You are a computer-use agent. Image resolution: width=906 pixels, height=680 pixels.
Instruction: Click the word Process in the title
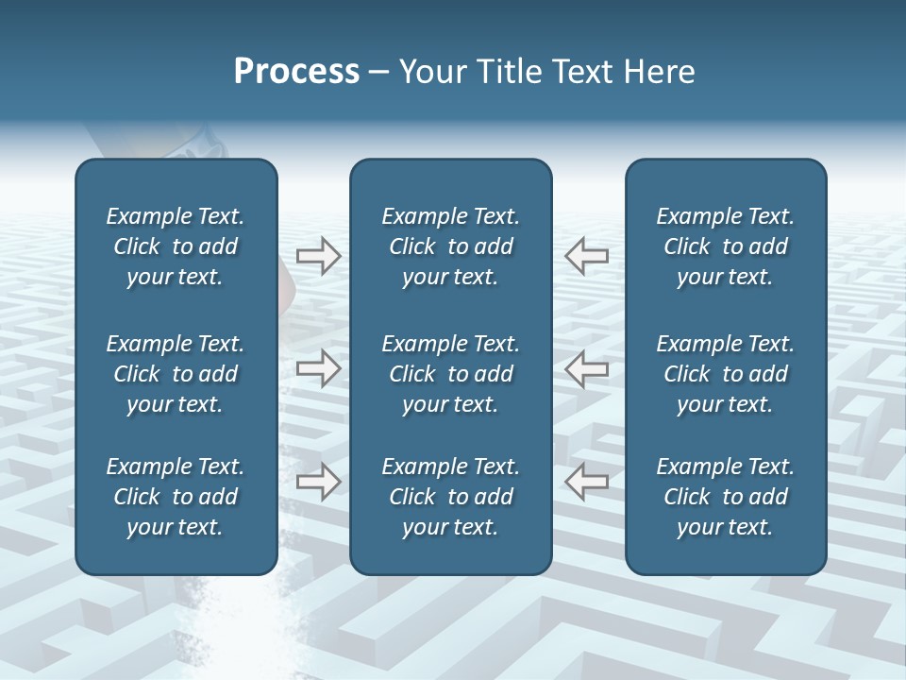[296, 72]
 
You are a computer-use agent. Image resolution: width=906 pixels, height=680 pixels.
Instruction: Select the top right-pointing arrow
[318, 255]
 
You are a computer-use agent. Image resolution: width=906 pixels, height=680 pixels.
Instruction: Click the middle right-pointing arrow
[318, 368]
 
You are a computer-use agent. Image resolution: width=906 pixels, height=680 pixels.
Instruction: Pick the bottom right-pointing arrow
[318, 482]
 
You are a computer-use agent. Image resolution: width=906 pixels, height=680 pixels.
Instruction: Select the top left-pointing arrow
[587, 255]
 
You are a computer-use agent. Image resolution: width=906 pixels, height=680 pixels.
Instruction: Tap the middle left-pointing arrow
[587, 368]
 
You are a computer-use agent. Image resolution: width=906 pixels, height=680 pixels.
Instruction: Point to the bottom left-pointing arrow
[587, 482]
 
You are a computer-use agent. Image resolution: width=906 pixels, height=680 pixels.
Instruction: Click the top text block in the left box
[176, 246]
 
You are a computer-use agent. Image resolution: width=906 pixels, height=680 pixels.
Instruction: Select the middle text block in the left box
[176, 374]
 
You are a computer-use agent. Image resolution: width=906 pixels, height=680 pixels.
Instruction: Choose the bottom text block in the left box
[176, 497]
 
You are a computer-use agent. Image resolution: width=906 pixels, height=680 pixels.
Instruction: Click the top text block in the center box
[450, 246]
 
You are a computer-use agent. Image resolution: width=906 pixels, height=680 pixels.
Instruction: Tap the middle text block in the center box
[450, 374]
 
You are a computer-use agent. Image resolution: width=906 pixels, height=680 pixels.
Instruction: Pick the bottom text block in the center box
[450, 497]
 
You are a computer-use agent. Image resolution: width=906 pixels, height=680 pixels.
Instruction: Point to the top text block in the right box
[725, 246]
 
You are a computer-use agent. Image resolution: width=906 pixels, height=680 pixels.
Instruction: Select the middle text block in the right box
[725, 374]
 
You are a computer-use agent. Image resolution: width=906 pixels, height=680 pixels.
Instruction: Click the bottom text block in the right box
[725, 497]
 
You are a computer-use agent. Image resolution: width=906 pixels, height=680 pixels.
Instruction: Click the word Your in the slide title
[430, 72]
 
